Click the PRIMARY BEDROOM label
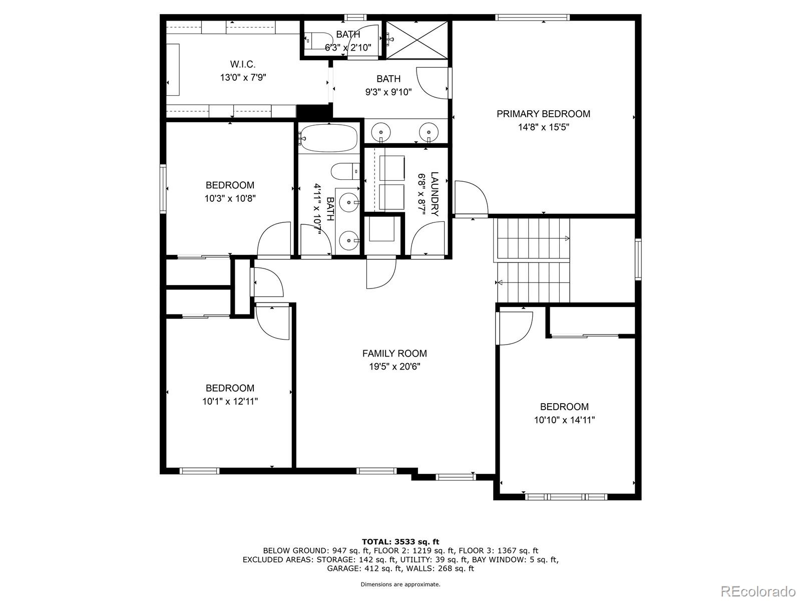click(x=543, y=114)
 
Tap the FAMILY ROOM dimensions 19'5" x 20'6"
click(x=394, y=367)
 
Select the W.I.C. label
click(x=243, y=64)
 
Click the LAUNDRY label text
click(x=434, y=194)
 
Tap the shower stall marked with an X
click(x=417, y=39)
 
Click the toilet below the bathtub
click(x=345, y=172)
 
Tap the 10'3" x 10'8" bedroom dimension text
click(x=230, y=198)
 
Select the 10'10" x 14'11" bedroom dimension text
click(x=564, y=420)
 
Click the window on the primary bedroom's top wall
click(x=533, y=18)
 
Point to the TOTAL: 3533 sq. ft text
click(x=400, y=541)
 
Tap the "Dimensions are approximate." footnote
click(x=400, y=584)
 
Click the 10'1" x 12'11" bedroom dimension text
click(x=230, y=401)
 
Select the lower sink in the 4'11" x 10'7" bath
click(x=347, y=241)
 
